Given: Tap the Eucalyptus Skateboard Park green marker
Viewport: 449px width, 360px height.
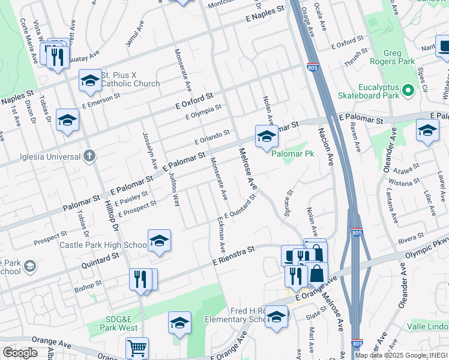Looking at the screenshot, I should [408, 91].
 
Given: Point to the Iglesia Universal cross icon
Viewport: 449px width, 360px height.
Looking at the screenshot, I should [89, 157].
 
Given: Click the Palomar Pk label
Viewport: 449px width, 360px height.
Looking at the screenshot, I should [292, 154].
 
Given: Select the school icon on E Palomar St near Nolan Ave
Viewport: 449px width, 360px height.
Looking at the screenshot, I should [267, 136].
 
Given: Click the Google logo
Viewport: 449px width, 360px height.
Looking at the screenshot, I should [20, 352].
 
